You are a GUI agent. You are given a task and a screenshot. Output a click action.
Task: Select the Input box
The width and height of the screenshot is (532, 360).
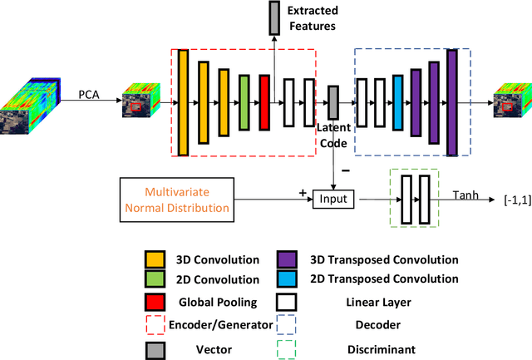point(333,199)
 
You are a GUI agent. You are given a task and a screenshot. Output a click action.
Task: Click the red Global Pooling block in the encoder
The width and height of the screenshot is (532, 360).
point(264,102)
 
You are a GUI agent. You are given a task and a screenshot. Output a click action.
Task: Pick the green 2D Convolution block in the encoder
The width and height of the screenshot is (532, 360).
point(244,102)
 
